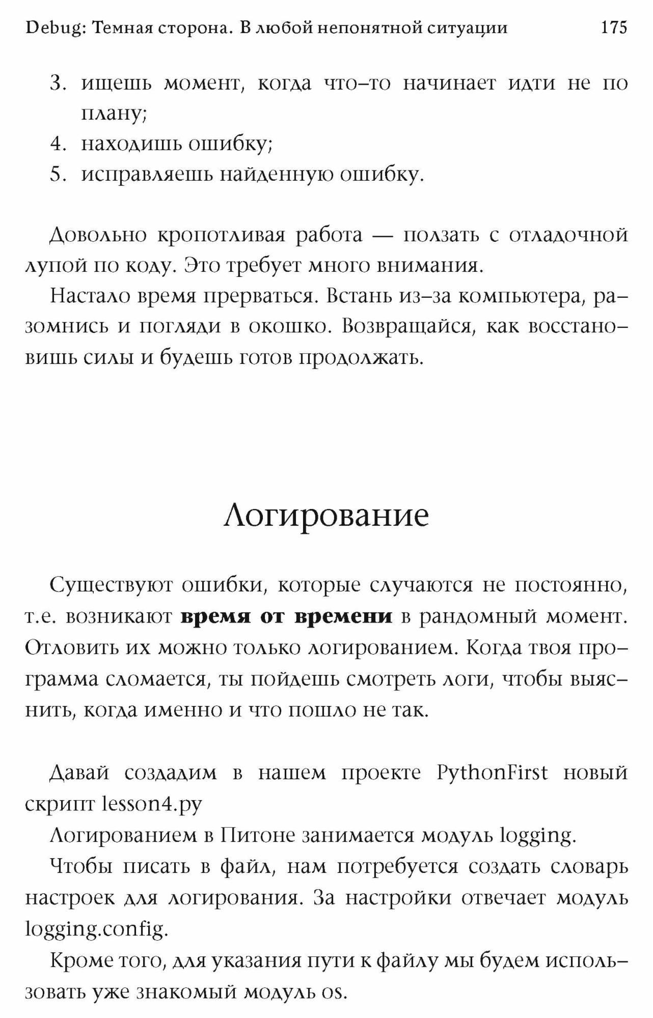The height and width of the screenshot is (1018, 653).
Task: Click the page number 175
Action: click(x=614, y=27)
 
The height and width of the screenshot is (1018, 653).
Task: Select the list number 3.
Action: click(x=59, y=83)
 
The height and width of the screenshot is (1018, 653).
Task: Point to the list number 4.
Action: click(x=59, y=145)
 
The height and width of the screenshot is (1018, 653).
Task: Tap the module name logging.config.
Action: click(x=96, y=929)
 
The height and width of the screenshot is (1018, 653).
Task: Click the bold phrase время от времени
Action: click(x=287, y=616)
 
